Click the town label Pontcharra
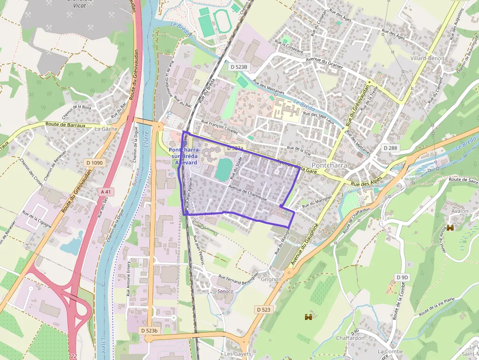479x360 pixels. [329, 165]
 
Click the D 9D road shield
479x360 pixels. [401, 277]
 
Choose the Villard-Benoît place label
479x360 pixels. [428, 58]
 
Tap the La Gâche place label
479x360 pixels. [106, 129]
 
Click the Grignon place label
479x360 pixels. [271, 279]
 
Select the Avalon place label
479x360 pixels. [459, 211]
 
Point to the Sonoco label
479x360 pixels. [225, 291]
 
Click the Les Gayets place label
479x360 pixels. [238, 354]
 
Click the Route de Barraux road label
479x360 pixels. [65, 125]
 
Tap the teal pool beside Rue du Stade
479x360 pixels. [223, 169]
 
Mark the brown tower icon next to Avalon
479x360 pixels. [451, 228]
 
